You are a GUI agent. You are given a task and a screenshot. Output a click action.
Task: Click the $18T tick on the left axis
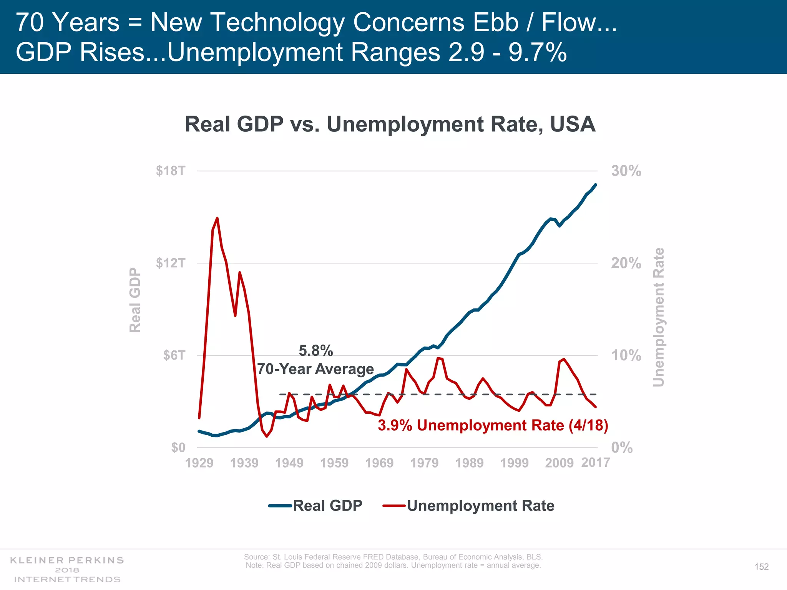[x=171, y=171]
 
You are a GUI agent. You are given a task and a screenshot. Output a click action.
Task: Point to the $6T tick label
[x=174, y=355]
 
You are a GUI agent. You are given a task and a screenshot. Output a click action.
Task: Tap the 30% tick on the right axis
[x=626, y=171]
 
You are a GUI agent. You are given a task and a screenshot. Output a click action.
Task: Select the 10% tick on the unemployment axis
[x=626, y=355]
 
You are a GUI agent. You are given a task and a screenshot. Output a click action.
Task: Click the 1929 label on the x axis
[x=199, y=463]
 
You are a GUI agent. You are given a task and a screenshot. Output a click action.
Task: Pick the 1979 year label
[x=424, y=463]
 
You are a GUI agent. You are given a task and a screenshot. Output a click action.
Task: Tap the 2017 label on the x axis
[x=595, y=462]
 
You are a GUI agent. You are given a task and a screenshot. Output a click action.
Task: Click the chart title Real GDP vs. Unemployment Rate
[x=390, y=124]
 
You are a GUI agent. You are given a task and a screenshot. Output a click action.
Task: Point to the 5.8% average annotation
[x=315, y=351]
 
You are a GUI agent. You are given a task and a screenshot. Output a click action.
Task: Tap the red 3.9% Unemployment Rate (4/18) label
[x=493, y=425]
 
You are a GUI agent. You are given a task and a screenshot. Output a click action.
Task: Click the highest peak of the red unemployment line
[x=217, y=218]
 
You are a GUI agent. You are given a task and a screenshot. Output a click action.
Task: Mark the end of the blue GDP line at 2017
[x=596, y=185]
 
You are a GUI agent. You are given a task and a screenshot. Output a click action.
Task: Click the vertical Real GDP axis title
[x=135, y=300]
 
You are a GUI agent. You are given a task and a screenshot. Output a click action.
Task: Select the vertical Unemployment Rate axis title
[x=658, y=317]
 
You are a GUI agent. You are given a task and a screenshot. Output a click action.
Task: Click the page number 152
[x=761, y=567]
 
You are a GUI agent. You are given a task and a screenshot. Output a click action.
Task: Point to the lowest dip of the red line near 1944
[x=267, y=436]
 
